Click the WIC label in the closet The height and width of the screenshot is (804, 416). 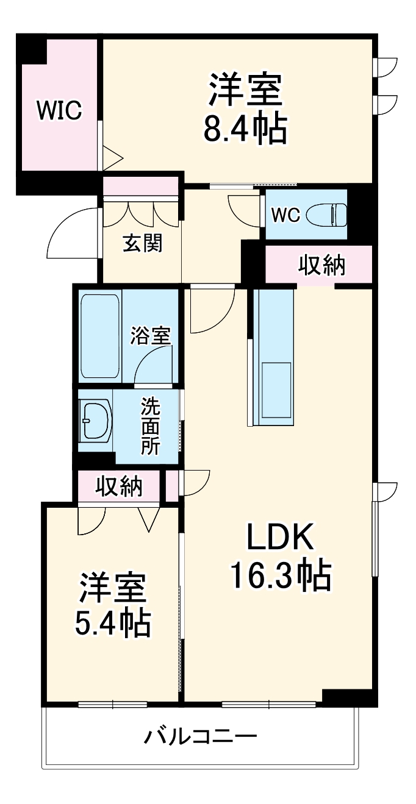pyautogui.click(x=59, y=110)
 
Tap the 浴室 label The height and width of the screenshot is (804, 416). pyautogui.click(x=151, y=335)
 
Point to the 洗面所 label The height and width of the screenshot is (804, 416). pyautogui.click(x=151, y=427)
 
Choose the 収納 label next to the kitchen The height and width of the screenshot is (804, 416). pyautogui.click(x=321, y=265)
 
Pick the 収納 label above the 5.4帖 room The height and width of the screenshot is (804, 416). pyautogui.click(x=119, y=486)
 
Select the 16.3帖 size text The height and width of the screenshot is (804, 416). pyautogui.click(x=280, y=575)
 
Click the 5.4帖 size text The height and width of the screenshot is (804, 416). pyautogui.click(x=113, y=620)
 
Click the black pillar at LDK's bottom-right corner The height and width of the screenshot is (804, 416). pyautogui.click(x=346, y=697)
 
